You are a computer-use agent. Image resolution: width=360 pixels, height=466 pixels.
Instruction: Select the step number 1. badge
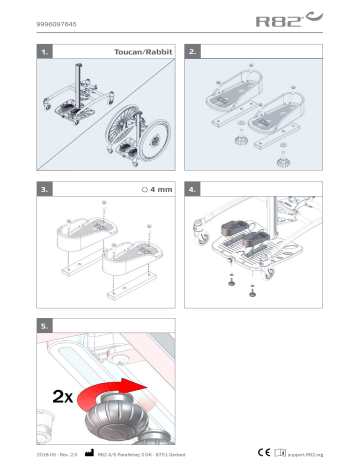point(45,49)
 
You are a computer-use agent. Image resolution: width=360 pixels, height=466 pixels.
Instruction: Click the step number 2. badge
point(196,49)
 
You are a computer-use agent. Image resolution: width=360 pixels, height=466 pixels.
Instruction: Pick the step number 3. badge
point(45,188)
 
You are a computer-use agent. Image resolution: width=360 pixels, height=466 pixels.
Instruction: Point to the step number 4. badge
point(196,188)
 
